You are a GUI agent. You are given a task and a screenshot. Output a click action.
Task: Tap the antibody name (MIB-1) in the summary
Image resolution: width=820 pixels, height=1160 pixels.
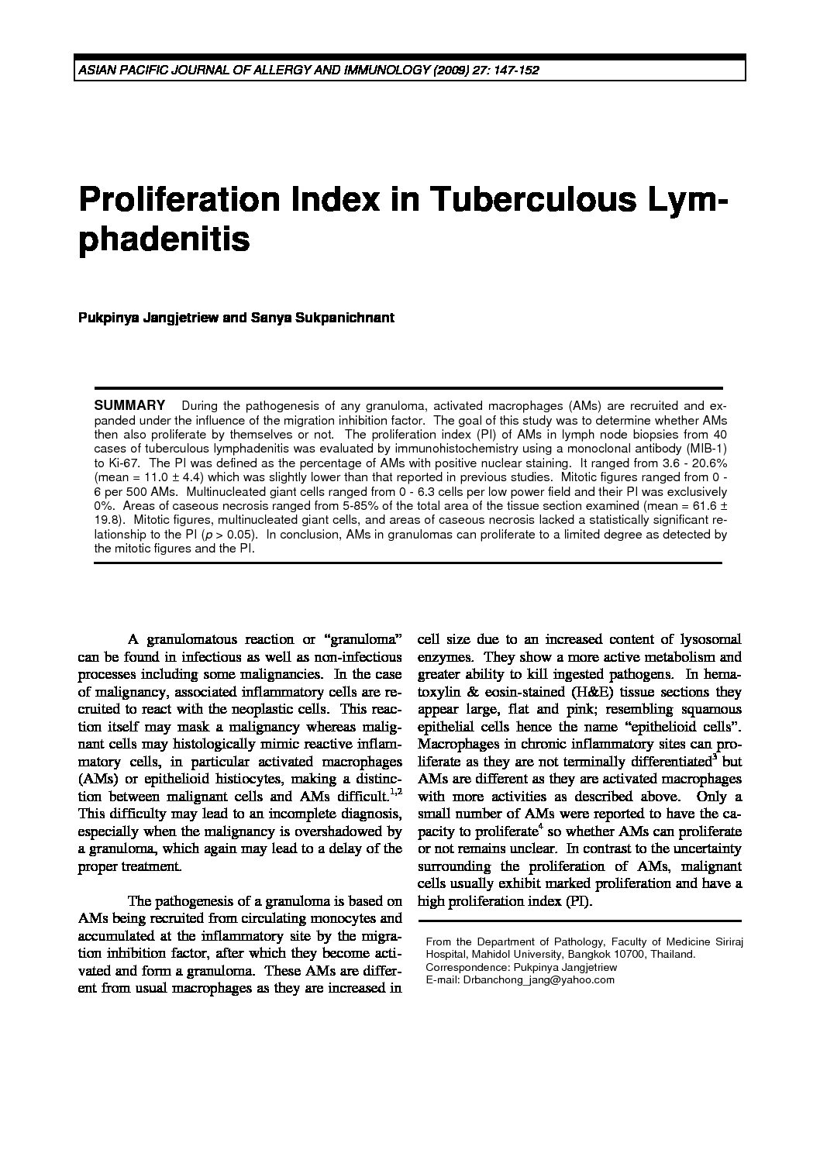708,449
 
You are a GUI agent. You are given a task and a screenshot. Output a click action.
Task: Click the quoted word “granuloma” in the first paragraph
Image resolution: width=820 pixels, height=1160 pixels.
366,640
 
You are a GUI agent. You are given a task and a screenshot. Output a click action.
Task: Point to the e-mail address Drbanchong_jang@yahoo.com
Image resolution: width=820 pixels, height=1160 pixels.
520,979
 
